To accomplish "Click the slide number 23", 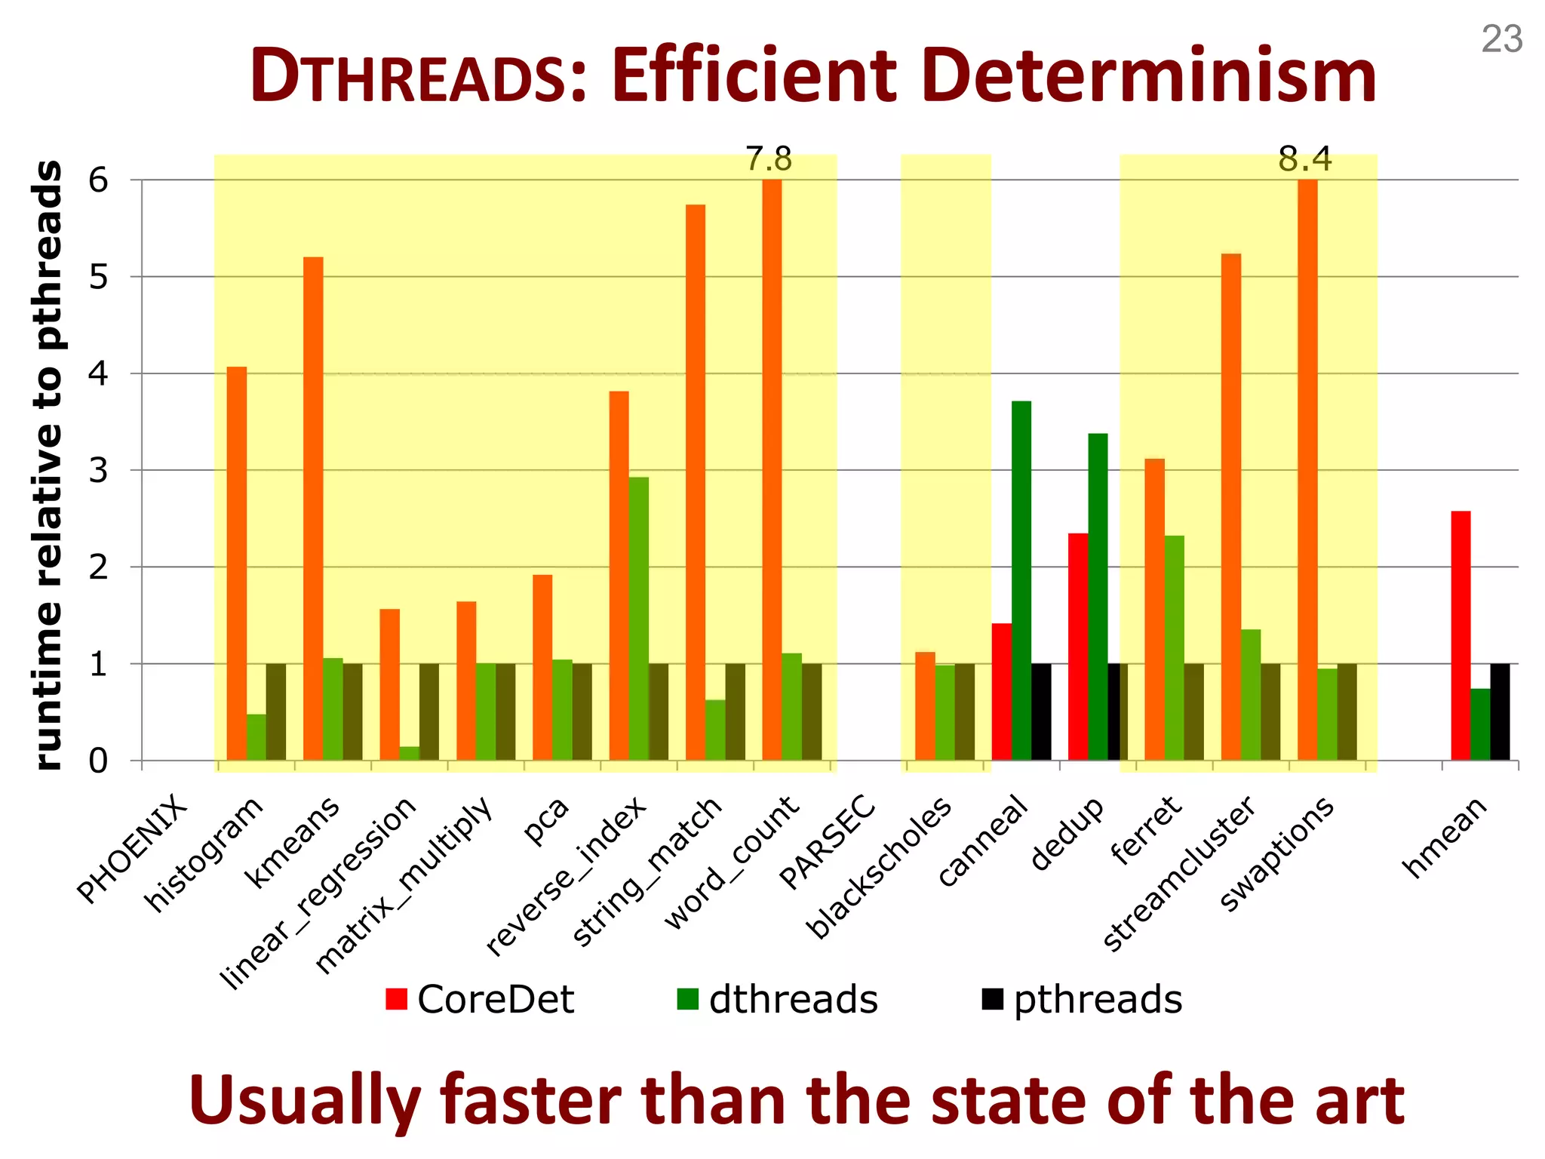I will coord(1501,39).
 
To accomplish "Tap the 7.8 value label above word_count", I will coord(769,159).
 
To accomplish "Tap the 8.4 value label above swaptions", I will coord(1304,159).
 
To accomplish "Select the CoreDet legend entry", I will coord(480,999).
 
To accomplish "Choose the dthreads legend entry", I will coord(777,999).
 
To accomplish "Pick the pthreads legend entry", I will coord(1082,999).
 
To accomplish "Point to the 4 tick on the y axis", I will coord(98,374).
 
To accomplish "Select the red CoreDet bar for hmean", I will coord(1461,635).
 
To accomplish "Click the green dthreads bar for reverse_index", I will coord(638,618).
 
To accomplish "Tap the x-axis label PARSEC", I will coord(828,841).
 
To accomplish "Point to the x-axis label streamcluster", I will coord(1179,874).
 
